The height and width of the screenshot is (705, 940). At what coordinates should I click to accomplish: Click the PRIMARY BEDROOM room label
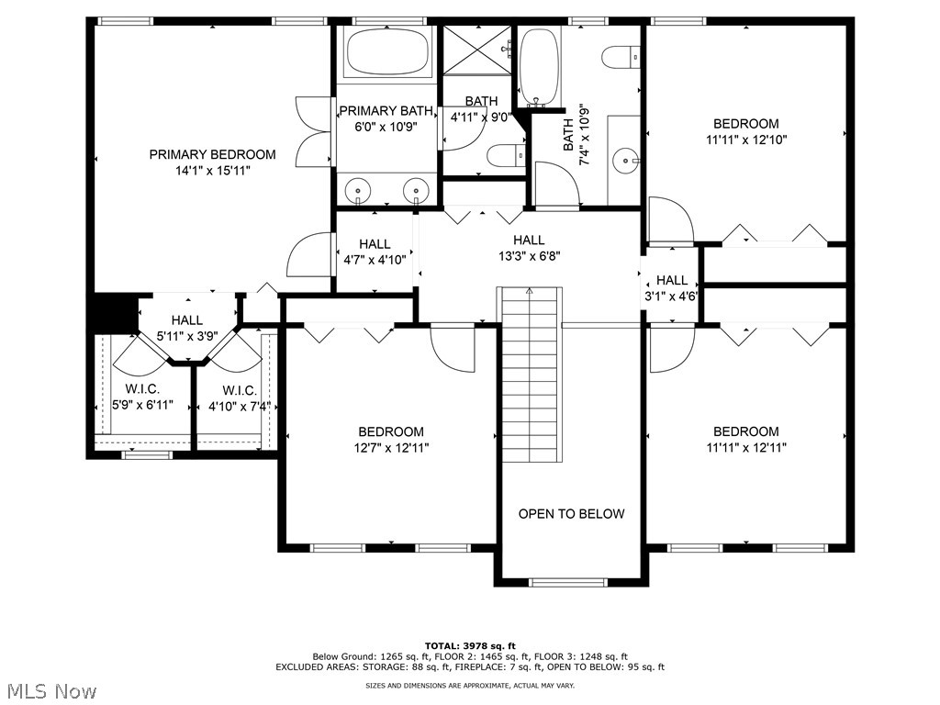pos(212,154)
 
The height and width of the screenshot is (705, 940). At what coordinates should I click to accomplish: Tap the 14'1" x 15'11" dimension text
pos(212,171)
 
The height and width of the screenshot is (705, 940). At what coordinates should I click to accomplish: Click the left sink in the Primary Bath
pos(357,191)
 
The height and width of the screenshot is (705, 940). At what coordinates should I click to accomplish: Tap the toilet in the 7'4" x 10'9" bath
pos(621,57)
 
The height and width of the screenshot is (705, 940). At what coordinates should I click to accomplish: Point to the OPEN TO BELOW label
pos(571,514)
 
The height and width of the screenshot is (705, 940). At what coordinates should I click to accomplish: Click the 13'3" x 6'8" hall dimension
pos(529,256)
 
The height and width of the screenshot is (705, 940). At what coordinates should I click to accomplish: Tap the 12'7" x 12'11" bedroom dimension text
pos(391,448)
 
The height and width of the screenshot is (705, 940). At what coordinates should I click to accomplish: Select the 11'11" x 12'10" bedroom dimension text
pos(746,140)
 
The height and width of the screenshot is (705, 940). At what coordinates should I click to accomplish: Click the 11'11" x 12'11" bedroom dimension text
pos(746,448)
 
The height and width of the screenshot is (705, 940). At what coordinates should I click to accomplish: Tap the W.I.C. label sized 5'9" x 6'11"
pos(129,390)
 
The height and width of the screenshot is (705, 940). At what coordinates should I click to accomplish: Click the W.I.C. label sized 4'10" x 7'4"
pos(238,390)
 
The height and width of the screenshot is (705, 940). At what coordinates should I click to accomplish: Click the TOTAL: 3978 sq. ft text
pos(469,645)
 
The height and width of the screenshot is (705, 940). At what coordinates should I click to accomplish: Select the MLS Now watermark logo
pos(50,690)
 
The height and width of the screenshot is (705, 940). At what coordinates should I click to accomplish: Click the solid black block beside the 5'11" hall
pos(113,310)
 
